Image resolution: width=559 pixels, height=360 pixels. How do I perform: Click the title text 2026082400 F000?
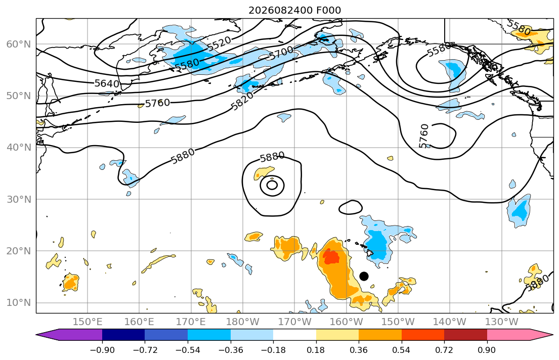[294, 10]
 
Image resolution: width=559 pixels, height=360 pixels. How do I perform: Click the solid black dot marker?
[364, 276]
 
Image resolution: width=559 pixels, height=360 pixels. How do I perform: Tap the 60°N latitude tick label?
[19, 44]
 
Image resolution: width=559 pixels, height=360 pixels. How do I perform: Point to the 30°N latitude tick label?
[19, 199]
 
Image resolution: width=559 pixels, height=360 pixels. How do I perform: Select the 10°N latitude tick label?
[19, 303]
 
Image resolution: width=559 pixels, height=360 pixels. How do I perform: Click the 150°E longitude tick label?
[88, 322]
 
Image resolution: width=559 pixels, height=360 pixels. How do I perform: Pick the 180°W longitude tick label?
[243, 322]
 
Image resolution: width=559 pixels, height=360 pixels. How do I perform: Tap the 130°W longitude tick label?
[502, 322]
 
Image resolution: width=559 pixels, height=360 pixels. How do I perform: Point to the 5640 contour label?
[107, 83]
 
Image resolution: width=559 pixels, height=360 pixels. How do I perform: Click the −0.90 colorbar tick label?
[102, 350]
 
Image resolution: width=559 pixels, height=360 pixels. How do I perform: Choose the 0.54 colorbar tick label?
[402, 350]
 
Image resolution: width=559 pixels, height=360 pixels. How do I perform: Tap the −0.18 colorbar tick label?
[273, 350]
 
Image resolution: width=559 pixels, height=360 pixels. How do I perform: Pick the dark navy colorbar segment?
[123, 335]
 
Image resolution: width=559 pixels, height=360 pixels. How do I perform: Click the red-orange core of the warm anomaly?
[331, 257]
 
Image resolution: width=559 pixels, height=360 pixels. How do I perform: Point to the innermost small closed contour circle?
[272, 185]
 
